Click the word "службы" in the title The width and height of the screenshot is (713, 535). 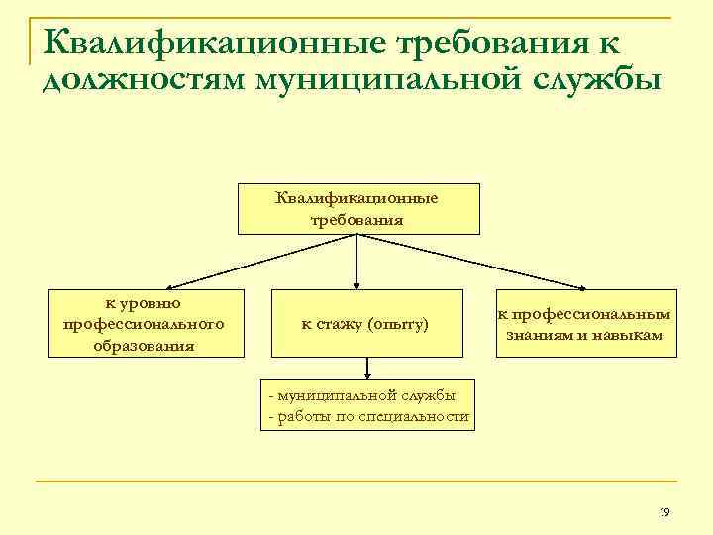click(x=588, y=79)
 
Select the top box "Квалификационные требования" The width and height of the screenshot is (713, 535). click(x=356, y=208)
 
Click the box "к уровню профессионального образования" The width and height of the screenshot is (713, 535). click(x=147, y=322)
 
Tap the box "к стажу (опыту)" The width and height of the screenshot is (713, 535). click(x=365, y=323)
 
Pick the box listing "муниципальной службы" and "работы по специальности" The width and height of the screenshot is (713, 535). click(x=367, y=405)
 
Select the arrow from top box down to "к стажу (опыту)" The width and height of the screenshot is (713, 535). click(x=356, y=262)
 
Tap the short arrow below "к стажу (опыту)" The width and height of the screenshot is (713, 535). click(x=367, y=368)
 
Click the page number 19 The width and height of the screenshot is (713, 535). click(x=663, y=512)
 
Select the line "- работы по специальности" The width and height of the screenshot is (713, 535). click(x=367, y=416)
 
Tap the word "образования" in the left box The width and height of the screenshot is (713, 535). click(x=145, y=346)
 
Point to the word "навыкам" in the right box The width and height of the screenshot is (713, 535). click(x=627, y=335)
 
